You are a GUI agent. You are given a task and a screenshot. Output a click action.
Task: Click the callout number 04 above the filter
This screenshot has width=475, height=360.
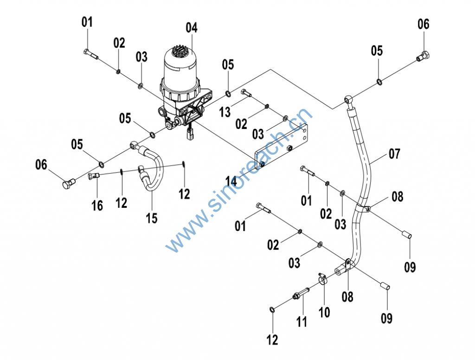pos(192,27)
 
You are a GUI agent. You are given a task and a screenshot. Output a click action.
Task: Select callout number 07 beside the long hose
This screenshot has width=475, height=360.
pos(394,154)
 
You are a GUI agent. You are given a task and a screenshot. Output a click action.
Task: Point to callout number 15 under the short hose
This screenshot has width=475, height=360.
pos(152,218)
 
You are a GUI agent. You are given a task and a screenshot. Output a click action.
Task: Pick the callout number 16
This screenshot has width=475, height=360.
pos(97,205)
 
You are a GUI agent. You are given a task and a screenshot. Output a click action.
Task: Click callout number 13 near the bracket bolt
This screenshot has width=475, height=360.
pos(225,111)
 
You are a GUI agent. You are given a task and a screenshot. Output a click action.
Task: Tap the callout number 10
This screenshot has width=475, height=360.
pos(324,312)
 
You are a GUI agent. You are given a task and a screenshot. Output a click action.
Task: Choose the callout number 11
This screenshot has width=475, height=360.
pos(302,321)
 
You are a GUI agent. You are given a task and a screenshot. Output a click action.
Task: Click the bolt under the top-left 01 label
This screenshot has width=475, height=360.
pos(91,54)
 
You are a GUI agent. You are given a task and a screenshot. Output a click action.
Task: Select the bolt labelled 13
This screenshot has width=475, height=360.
pos(246,93)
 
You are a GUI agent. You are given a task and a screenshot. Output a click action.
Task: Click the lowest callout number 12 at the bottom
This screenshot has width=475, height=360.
pos(273,340)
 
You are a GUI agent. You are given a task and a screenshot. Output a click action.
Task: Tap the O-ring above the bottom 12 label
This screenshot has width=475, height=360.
pos(271,309)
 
